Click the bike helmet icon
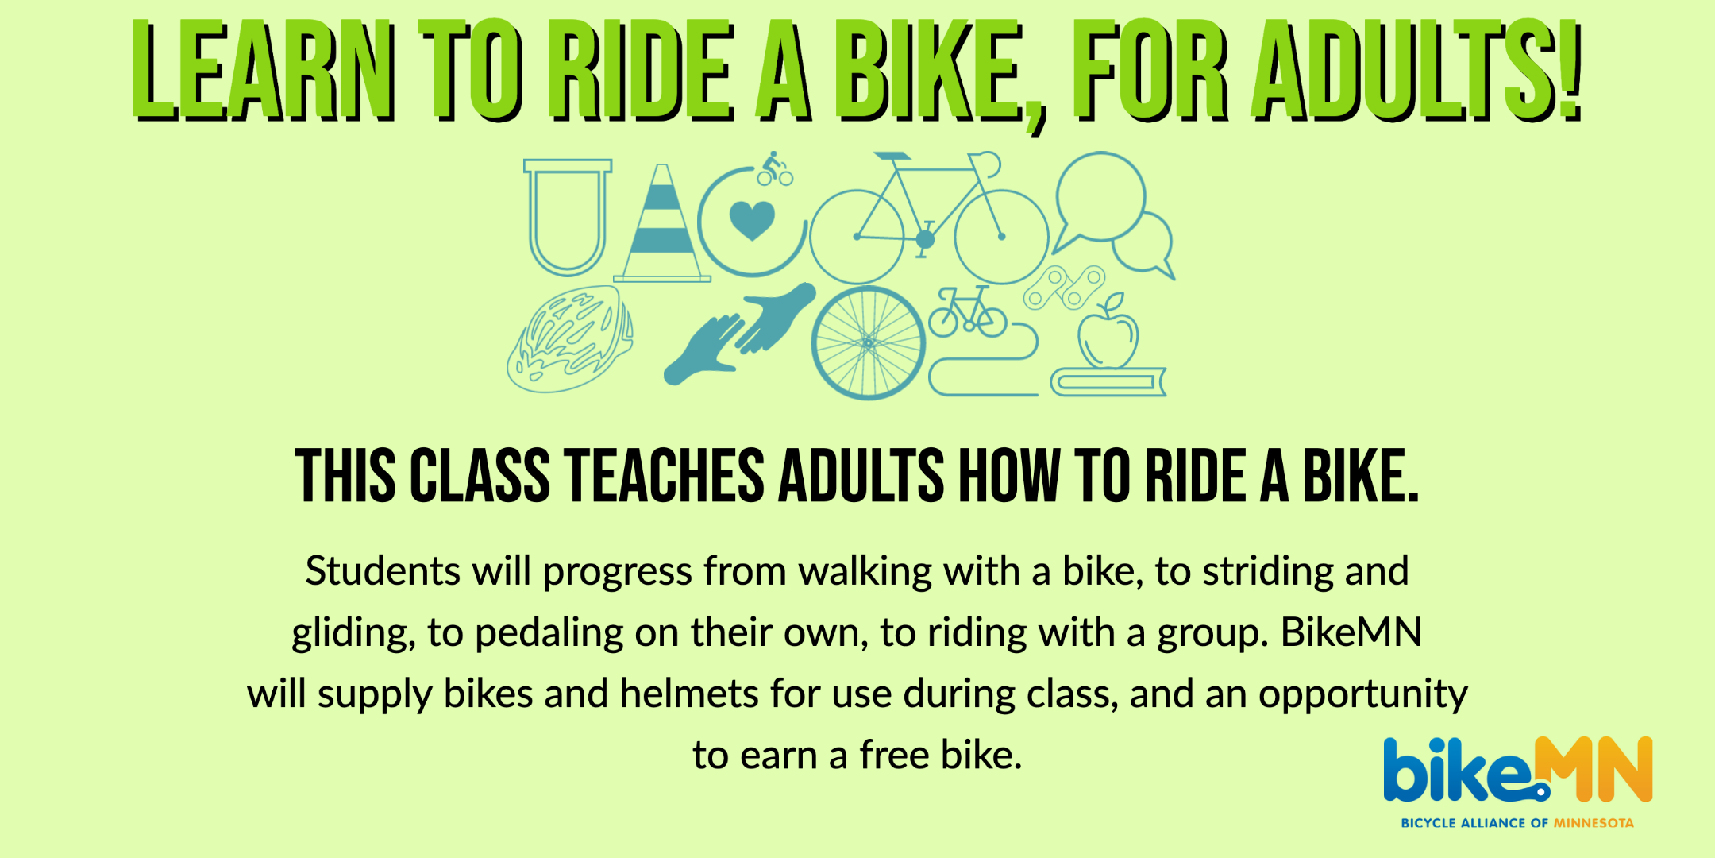(570, 340)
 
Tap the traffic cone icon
(662, 230)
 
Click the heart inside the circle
(752, 220)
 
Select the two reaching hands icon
(740, 334)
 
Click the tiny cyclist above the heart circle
(775, 168)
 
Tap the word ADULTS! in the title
(1417, 71)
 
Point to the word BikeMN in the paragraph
(1351, 632)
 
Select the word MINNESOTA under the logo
(1594, 823)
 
